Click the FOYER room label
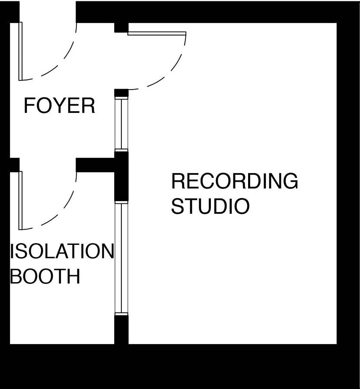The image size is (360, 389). click(x=59, y=106)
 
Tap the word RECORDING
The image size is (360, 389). click(x=234, y=181)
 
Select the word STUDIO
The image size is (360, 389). click(x=210, y=206)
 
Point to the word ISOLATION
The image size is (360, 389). click(x=62, y=251)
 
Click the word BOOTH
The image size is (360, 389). click(x=45, y=276)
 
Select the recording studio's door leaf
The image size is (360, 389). click(x=157, y=33)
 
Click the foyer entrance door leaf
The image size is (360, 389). click(x=20, y=51)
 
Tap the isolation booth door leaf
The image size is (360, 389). click(x=20, y=200)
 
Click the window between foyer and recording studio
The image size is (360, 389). click(x=121, y=124)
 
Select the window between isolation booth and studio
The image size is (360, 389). click(x=121, y=258)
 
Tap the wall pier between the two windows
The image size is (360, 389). click(x=121, y=176)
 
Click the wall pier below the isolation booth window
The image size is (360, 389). click(x=121, y=330)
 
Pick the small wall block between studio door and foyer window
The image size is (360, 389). click(x=121, y=93)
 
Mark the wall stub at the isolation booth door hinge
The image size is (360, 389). click(x=14, y=164)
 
